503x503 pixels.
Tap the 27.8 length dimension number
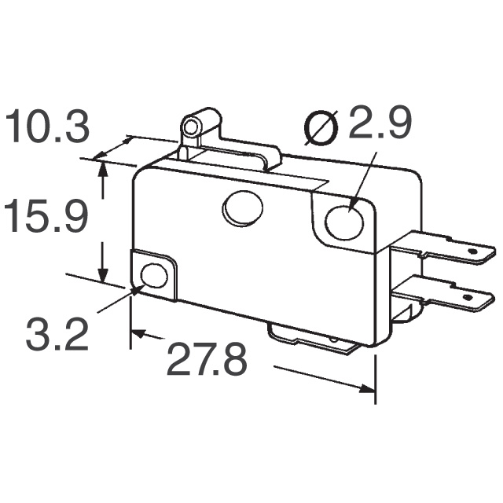(207, 360)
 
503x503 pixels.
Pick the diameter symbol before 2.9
(320, 127)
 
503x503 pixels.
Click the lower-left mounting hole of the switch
(154, 276)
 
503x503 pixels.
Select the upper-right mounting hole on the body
(344, 222)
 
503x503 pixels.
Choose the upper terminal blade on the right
(448, 248)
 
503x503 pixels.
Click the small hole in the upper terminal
(473, 253)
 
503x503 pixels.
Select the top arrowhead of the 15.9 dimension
(103, 167)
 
